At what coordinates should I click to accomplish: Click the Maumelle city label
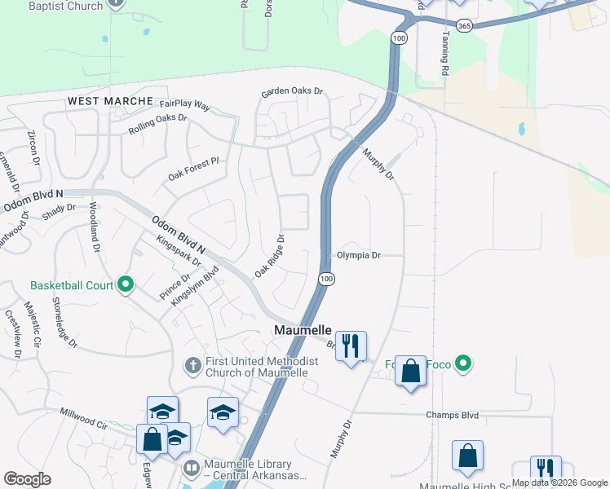pos(302,330)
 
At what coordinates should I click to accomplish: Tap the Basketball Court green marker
pos(125,285)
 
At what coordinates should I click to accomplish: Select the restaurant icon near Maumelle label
pos(351,346)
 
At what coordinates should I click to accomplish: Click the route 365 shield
pos(464,27)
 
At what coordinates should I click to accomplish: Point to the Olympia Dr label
pos(360,255)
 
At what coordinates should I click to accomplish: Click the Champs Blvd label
pos(451,415)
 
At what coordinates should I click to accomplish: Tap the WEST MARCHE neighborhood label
pos(110,100)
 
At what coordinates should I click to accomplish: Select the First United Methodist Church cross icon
pos(192,364)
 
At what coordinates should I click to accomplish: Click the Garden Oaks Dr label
pos(292,93)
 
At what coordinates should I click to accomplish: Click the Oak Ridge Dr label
pos(269,256)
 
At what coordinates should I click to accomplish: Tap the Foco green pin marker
pos(463,363)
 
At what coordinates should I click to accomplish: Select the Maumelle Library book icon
pos(191,468)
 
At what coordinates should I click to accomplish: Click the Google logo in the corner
pos(27,478)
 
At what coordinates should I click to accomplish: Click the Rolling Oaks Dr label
pos(157,124)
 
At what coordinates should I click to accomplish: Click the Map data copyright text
pos(559,482)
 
